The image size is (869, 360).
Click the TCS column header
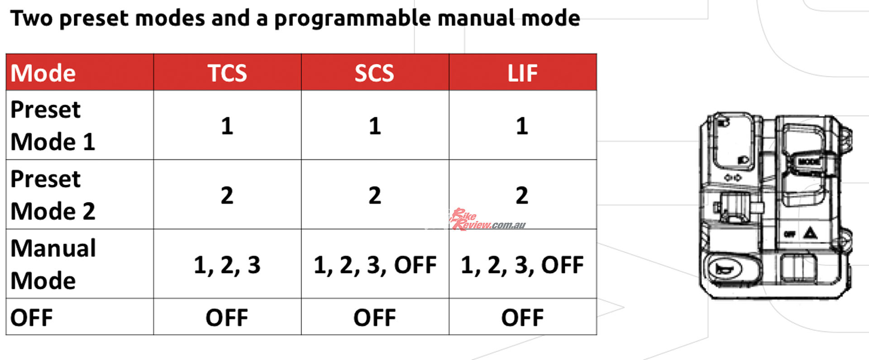pos(227,73)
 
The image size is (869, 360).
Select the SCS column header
pos(374,73)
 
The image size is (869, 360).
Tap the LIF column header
pos(522,73)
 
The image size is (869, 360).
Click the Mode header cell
pos(43,73)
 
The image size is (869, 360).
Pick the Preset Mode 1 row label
pos(53,125)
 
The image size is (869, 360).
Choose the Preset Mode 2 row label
pos(53,195)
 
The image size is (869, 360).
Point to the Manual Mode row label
pos(53,264)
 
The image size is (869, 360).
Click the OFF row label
pos(32,317)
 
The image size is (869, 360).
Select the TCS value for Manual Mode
pos(227,265)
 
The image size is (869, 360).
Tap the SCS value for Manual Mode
pos(375,265)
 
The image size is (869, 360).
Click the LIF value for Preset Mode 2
pos(522,195)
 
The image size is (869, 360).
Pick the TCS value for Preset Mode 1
pos(227,126)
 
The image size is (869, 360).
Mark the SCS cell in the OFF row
pos(375,317)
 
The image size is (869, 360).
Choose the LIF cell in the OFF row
pos(522,317)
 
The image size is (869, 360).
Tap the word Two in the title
pos(31,18)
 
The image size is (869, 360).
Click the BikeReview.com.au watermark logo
pos(488,220)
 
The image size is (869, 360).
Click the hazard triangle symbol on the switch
pos(810,233)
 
